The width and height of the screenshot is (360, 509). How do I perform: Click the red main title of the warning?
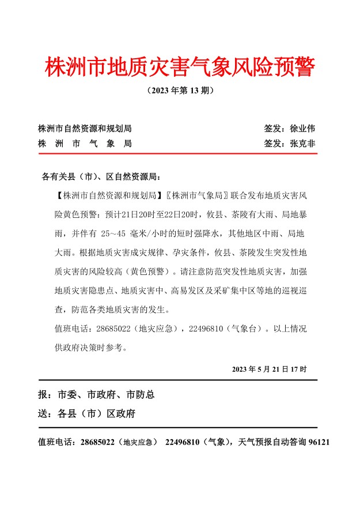[x=180, y=68]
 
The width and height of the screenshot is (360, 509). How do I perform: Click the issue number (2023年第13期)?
[x=180, y=91]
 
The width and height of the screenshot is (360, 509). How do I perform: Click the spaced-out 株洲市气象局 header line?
[x=85, y=144]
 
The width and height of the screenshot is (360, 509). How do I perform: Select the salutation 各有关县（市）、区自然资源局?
[x=104, y=176]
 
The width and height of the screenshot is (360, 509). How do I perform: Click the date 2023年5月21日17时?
[x=270, y=368]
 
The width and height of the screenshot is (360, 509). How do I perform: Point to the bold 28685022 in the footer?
[x=98, y=442]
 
